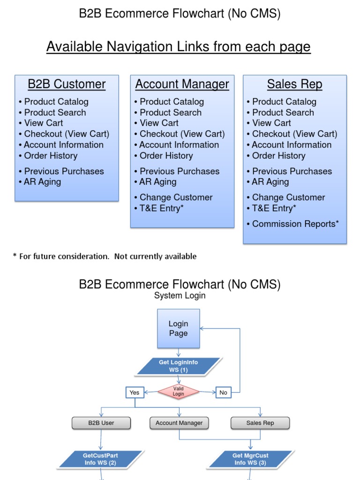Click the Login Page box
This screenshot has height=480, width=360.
(x=178, y=328)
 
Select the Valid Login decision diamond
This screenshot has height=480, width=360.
(x=178, y=392)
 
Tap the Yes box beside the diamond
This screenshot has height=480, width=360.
(x=135, y=392)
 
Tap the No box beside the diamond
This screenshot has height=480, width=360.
(x=223, y=392)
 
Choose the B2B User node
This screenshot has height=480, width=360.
(x=101, y=423)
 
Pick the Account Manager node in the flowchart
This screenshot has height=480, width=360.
(x=179, y=423)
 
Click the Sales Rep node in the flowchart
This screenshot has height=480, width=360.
(x=260, y=423)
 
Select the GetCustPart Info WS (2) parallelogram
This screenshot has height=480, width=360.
(x=100, y=459)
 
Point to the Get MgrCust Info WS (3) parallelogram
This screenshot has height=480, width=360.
(x=251, y=459)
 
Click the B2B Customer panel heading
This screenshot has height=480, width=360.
(x=67, y=84)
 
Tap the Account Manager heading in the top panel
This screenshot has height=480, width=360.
(x=182, y=84)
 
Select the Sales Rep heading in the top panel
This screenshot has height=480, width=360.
(x=294, y=84)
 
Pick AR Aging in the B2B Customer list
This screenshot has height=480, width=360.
(x=42, y=182)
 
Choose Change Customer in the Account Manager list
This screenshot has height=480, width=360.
(x=176, y=197)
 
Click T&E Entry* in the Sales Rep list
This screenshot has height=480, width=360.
(x=274, y=208)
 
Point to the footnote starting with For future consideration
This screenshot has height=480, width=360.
(x=105, y=256)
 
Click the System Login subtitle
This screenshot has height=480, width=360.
(x=180, y=296)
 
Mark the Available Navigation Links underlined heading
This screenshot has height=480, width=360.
(x=178, y=47)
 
